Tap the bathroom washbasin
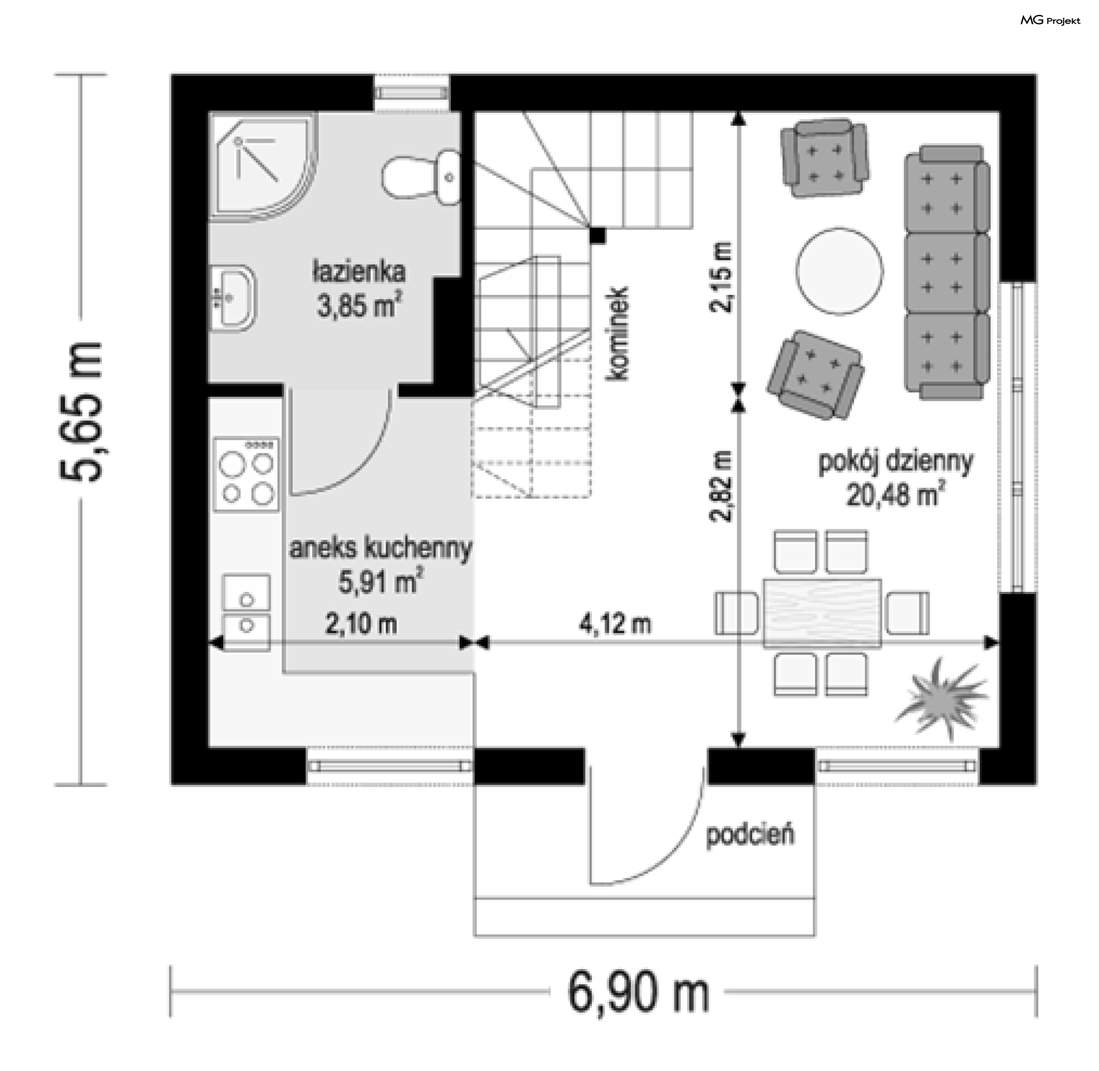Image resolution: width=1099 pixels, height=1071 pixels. click(x=232, y=298)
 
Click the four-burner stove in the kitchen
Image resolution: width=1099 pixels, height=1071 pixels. click(x=247, y=475)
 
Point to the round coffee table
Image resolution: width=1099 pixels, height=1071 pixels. click(x=839, y=271)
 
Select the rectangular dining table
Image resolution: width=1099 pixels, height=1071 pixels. click(x=823, y=613)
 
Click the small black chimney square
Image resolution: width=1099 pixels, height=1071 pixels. click(x=598, y=235)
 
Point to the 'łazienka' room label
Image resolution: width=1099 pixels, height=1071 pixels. click(x=359, y=271)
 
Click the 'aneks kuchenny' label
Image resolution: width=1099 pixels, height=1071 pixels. click(x=381, y=548)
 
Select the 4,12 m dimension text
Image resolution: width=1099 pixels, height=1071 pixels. click(x=615, y=624)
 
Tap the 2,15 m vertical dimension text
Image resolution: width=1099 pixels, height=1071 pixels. click(x=721, y=277)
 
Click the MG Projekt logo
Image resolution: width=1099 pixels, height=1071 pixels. click(x=1050, y=21)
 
